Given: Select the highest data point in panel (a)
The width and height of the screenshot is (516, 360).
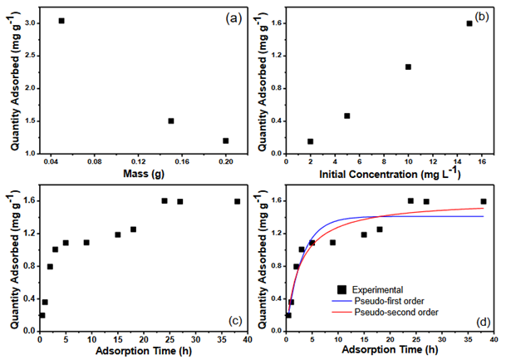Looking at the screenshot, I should pos(61,21).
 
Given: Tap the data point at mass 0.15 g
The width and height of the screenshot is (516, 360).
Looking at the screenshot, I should pos(170,121).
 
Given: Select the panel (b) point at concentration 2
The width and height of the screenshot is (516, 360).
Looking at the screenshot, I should pos(310,141).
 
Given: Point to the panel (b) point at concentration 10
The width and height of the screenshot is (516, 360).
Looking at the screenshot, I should pos(408,67).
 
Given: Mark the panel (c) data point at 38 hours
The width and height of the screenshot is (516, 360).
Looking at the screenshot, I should pos(237,201).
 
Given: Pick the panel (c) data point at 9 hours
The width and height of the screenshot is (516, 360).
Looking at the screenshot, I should pos(86,243).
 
